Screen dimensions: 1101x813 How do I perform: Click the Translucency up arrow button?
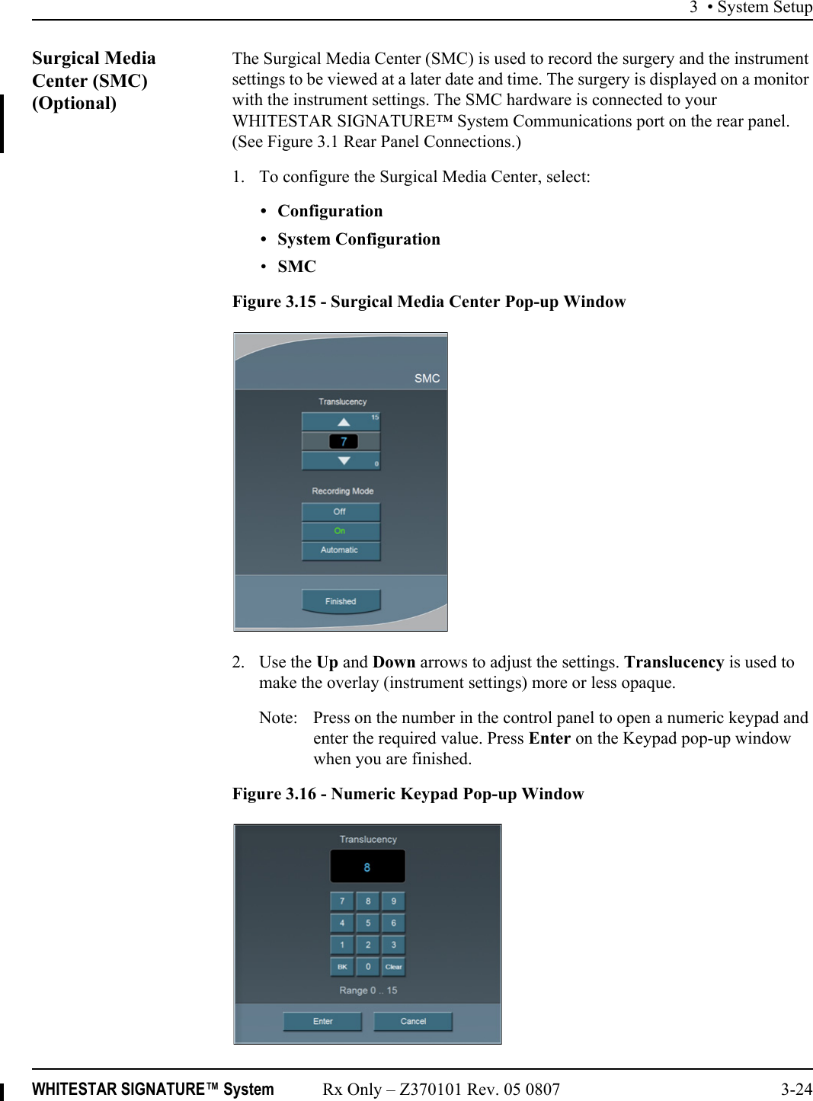(x=341, y=421)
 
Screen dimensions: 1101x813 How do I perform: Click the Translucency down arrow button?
(x=341, y=461)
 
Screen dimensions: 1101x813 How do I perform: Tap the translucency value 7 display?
(x=342, y=441)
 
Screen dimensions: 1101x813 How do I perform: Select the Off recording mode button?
(x=340, y=511)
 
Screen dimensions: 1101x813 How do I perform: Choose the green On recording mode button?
(x=340, y=531)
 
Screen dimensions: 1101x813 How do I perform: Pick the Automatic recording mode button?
(x=340, y=550)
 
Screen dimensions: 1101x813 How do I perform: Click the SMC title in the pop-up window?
(x=427, y=378)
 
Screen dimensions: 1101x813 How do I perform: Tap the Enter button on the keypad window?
(x=322, y=1021)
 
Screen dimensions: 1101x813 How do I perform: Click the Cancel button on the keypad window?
(x=413, y=1021)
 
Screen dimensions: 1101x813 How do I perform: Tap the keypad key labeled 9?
(x=393, y=901)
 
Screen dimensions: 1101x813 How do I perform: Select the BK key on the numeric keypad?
(x=342, y=967)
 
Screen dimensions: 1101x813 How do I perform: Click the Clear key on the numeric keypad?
(x=393, y=967)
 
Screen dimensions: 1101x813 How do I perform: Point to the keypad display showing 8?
(x=367, y=867)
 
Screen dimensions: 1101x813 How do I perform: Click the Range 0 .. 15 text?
(x=368, y=991)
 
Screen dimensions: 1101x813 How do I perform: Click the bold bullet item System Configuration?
(x=358, y=239)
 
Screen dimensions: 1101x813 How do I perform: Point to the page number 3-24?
(x=796, y=1089)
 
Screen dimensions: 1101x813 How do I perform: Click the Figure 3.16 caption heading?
(x=408, y=794)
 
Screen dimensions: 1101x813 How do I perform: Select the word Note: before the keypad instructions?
(x=278, y=718)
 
